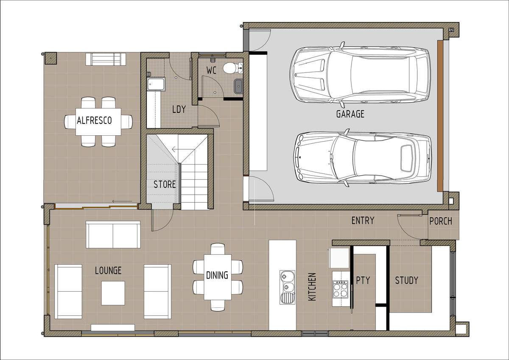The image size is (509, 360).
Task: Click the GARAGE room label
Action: click(x=350, y=114)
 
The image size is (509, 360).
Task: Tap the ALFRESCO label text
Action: click(x=94, y=120)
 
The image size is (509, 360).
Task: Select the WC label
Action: click(x=211, y=70)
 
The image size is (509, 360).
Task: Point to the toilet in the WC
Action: click(x=233, y=68)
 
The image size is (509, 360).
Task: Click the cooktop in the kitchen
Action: click(x=340, y=289)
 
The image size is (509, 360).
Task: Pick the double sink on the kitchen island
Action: click(x=288, y=287)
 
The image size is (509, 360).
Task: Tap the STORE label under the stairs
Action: click(x=165, y=184)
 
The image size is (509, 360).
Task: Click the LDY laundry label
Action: click(x=179, y=109)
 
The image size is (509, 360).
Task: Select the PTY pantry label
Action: click(x=363, y=280)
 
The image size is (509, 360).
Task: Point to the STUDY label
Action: click(x=406, y=280)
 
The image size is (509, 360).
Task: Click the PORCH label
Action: click(x=441, y=221)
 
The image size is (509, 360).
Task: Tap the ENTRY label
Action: click(x=363, y=220)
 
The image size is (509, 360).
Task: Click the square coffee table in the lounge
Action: click(x=113, y=293)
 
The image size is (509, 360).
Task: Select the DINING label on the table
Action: click(x=217, y=275)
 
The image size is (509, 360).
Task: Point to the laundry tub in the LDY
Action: click(x=156, y=84)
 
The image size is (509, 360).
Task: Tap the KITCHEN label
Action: click(x=312, y=287)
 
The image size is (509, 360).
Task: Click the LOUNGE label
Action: click(x=108, y=271)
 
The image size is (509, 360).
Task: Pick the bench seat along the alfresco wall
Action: click(x=106, y=59)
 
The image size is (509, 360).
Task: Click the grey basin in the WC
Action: click(x=238, y=86)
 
